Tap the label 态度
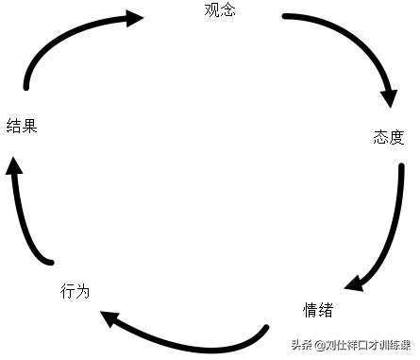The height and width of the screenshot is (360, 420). coord(388,138)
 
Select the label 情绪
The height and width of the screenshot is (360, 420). coord(317,310)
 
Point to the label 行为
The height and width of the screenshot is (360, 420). coord(75,291)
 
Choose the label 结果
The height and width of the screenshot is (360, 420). coord(22,126)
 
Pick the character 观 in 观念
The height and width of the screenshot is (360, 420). coord(210,11)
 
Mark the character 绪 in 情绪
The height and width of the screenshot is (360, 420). coord(325,310)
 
